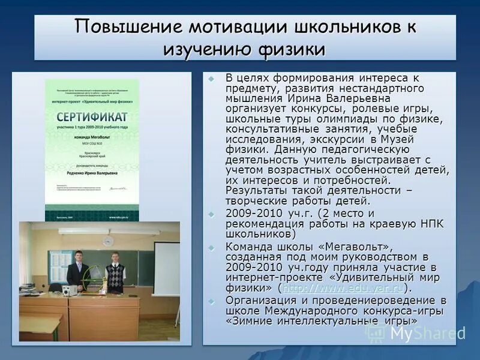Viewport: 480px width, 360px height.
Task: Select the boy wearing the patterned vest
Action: (x=115, y=270)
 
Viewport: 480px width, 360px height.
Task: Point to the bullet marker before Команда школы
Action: (x=211, y=247)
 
